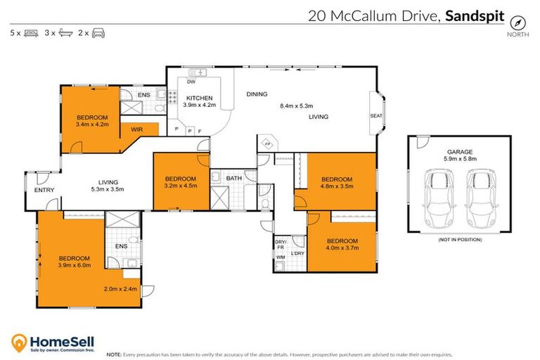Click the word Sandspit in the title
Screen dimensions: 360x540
[475, 15]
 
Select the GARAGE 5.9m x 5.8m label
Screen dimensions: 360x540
[460, 155]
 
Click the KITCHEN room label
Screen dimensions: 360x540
[198, 98]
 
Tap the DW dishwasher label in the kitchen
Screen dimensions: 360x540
[191, 82]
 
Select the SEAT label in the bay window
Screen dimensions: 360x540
[375, 115]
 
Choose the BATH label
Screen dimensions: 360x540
[233, 179]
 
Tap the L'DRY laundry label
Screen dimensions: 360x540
[297, 253]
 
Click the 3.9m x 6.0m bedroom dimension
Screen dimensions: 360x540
[73, 266]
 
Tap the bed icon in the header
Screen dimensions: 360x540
[31, 32]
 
